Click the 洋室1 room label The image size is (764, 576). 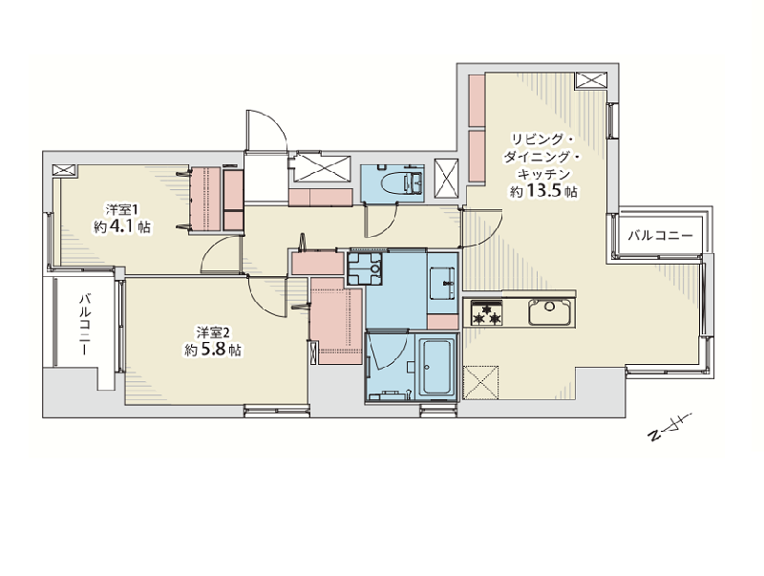[x=123, y=210]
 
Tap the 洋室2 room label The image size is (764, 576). [x=213, y=332]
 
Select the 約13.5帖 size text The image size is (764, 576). [x=543, y=191]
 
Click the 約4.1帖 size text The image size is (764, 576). [x=122, y=227]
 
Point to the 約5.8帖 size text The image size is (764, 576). [x=212, y=350]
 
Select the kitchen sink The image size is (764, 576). [x=550, y=311]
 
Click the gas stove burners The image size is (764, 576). [x=486, y=313]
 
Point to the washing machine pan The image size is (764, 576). [x=365, y=269]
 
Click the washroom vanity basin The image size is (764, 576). [x=442, y=283]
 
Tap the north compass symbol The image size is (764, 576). [x=668, y=428]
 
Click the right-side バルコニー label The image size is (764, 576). [x=660, y=236]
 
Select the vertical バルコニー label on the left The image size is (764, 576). [x=84, y=324]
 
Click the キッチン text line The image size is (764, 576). [x=543, y=174]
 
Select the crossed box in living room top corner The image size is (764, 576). [x=591, y=80]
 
